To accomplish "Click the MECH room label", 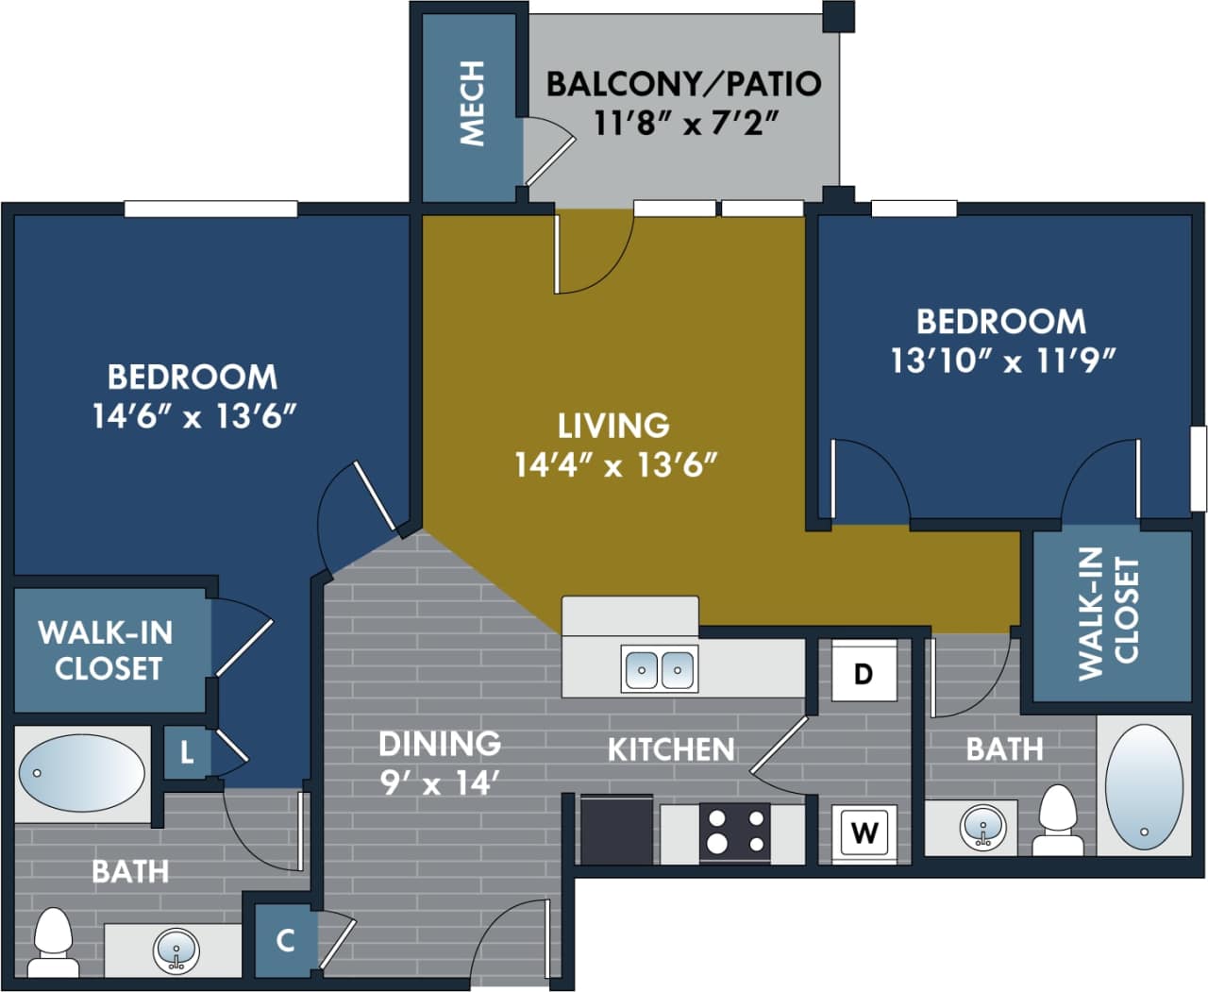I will coord(471,104).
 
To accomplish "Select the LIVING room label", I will coord(613,426).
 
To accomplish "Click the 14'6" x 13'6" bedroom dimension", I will coord(193,415).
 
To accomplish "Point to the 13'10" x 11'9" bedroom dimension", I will coord(1002,360).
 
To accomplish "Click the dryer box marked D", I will coord(863,673).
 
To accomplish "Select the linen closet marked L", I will coord(187,752).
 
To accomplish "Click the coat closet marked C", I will coord(285,940).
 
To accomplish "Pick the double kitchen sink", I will coord(660,669).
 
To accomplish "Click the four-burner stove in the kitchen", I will coord(734,832).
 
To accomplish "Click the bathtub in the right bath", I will coord(1144,785).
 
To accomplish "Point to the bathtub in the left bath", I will coord(82,773).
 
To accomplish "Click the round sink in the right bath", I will coord(982,827).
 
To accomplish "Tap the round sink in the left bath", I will coord(176,950).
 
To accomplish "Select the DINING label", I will coord(439,744).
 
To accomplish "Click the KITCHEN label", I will coord(670,749).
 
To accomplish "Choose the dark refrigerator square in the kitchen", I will coord(616,830).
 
